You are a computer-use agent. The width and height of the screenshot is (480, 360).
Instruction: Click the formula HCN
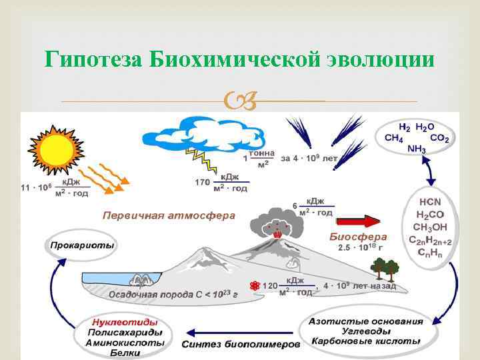[x=430, y=201]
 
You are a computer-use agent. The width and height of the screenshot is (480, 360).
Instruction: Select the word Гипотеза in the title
[x=94, y=60]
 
